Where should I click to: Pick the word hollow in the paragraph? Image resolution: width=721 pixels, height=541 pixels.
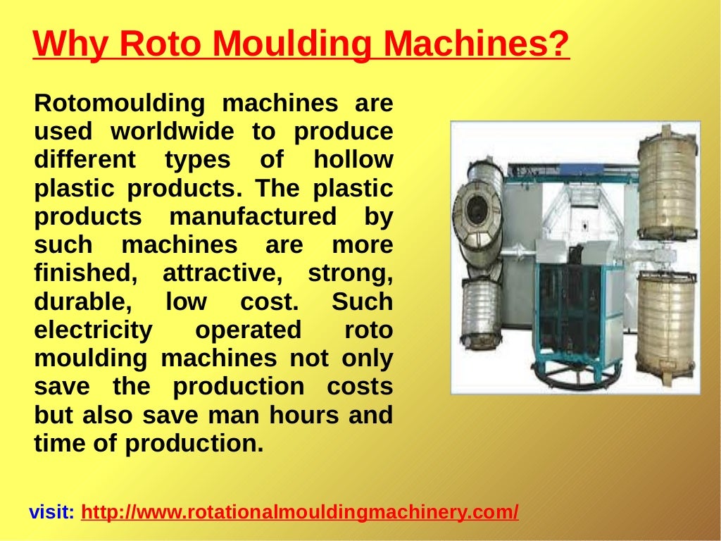coord(353,160)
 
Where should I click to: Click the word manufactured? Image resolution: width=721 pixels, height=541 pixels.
coord(253,217)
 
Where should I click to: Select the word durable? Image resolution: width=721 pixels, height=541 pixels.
coord(83,302)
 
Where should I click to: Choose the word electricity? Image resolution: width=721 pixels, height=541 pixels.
coord(93,330)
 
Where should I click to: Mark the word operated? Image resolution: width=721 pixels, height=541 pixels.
coord(248,330)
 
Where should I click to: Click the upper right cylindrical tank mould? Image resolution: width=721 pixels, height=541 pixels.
coord(667,185)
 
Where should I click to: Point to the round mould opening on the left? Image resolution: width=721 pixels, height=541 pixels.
coord(477,211)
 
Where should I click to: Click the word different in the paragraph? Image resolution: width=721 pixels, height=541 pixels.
coord(84,160)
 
